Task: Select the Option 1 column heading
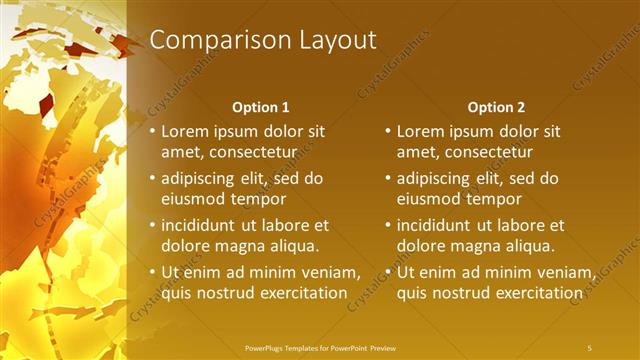click(x=261, y=107)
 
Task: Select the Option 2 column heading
click(x=496, y=107)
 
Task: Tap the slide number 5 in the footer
click(x=590, y=347)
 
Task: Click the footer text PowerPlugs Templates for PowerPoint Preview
click(x=319, y=347)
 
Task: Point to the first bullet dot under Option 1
click(x=152, y=131)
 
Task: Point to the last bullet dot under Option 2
click(x=388, y=273)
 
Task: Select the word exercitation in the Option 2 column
click(x=538, y=293)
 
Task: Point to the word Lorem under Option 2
click(x=421, y=131)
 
